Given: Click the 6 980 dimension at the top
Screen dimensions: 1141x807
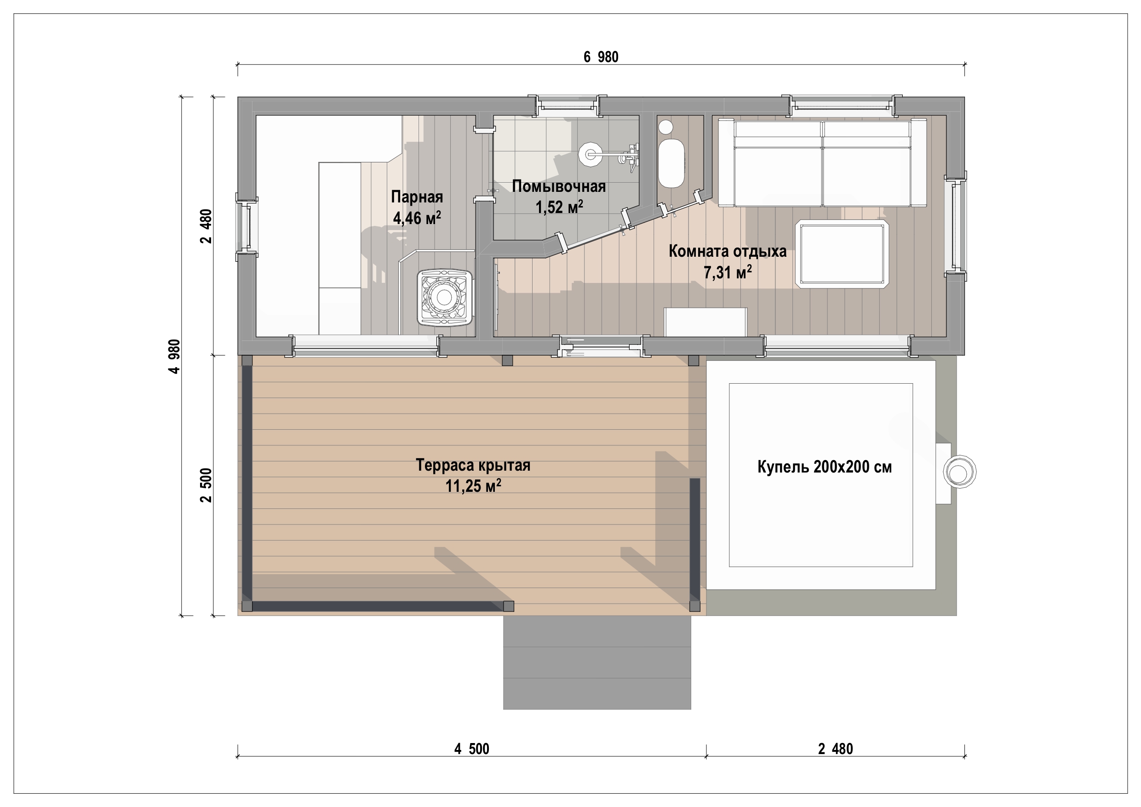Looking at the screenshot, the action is (x=601, y=57).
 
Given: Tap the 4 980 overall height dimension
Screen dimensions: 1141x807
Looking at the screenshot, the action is (x=174, y=356).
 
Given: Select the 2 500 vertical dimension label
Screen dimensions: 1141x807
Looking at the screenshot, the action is (x=206, y=485).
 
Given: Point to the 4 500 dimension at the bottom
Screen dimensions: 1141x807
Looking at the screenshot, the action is (x=471, y=749).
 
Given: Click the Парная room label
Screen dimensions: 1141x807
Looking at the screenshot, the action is (x=417, y=197).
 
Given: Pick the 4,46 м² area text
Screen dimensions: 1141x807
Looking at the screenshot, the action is (x=417, y=218).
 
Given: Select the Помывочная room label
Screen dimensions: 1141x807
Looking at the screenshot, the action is (x=559, y=186).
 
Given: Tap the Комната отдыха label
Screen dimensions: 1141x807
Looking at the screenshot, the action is (x=728, y=251).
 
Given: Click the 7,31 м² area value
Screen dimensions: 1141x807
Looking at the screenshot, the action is (x=728, y=272).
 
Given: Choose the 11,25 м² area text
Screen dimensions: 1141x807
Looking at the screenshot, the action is (x=473, y=486).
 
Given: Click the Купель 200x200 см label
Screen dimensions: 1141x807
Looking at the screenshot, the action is (x=825, y=467).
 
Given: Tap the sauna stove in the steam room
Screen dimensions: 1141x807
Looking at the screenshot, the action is (x=444, y=297).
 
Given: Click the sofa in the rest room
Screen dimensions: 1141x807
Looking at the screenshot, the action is (x=822, y=162).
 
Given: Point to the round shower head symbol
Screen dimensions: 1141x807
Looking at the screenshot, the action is (x=591, y=154).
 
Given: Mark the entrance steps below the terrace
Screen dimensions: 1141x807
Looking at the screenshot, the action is (x=597, y=663).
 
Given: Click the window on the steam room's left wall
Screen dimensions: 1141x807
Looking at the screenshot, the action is (x=247, y=227).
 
